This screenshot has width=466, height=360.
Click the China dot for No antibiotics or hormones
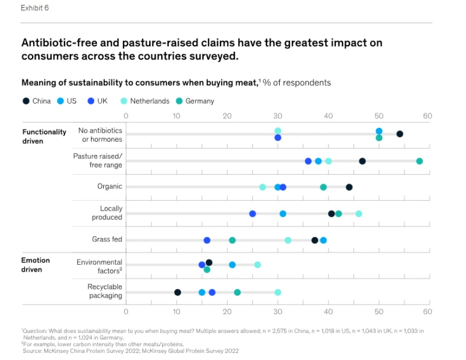click(399, 134)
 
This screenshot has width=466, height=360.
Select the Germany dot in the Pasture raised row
click(419, 161)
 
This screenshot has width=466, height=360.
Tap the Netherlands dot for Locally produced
click(359, 213)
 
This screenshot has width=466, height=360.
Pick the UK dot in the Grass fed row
click(207, 240)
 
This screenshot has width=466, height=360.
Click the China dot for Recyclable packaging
click(177, 292)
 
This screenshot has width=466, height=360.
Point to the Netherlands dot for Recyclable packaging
click(277, 292)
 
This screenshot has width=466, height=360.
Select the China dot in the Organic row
click(348, 187)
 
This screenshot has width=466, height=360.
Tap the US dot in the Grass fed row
click(323, 240)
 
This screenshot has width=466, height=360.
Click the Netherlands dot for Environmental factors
click(257, 265)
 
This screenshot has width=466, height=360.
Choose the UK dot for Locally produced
click(252, 213)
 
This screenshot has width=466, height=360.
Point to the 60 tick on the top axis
click(427, 115)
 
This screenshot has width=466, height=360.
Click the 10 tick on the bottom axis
click(177, 312)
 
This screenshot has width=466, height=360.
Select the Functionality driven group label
click(44, 136)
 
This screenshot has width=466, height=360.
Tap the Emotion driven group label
click(36, 265)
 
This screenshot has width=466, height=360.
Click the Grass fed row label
click(107, 239)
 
